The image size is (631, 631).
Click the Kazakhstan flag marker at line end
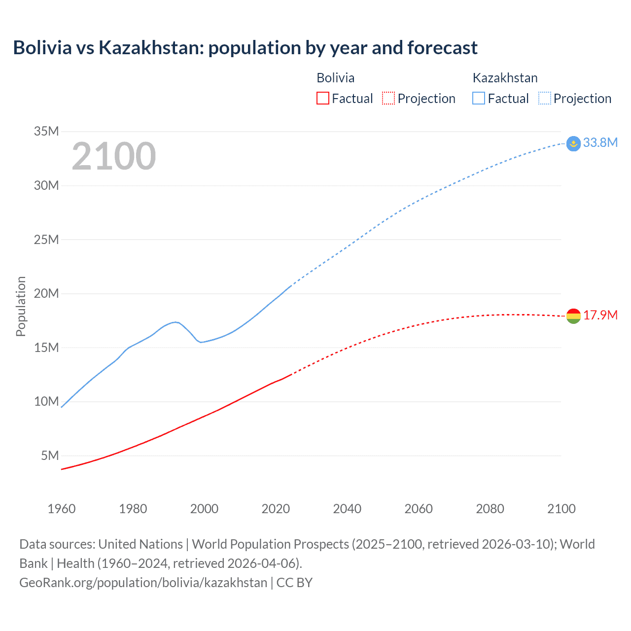(573, 143)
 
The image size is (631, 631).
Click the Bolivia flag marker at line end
(573, 316)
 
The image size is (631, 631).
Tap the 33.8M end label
(600, 142)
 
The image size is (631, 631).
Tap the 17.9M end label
(600, 315)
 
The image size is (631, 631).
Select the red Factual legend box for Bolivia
(322, 98)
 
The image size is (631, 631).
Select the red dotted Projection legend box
(388, 98)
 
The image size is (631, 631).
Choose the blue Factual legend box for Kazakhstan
(479, 98)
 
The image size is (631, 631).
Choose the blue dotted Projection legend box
(545, 98)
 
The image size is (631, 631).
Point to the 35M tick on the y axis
(46, 131)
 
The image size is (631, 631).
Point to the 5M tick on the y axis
(50, 456)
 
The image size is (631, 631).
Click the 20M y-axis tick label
(46, 293)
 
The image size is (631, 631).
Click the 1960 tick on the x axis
(62, 509)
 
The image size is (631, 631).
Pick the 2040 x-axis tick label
(347, 509)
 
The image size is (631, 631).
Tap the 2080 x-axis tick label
(490, 509)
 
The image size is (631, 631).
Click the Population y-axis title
(21, 306)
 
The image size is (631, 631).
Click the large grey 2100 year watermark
(114, 156)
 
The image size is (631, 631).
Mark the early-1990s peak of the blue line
(175, 322)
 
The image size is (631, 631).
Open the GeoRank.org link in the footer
(143, 582)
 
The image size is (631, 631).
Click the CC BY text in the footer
(294, 582)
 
